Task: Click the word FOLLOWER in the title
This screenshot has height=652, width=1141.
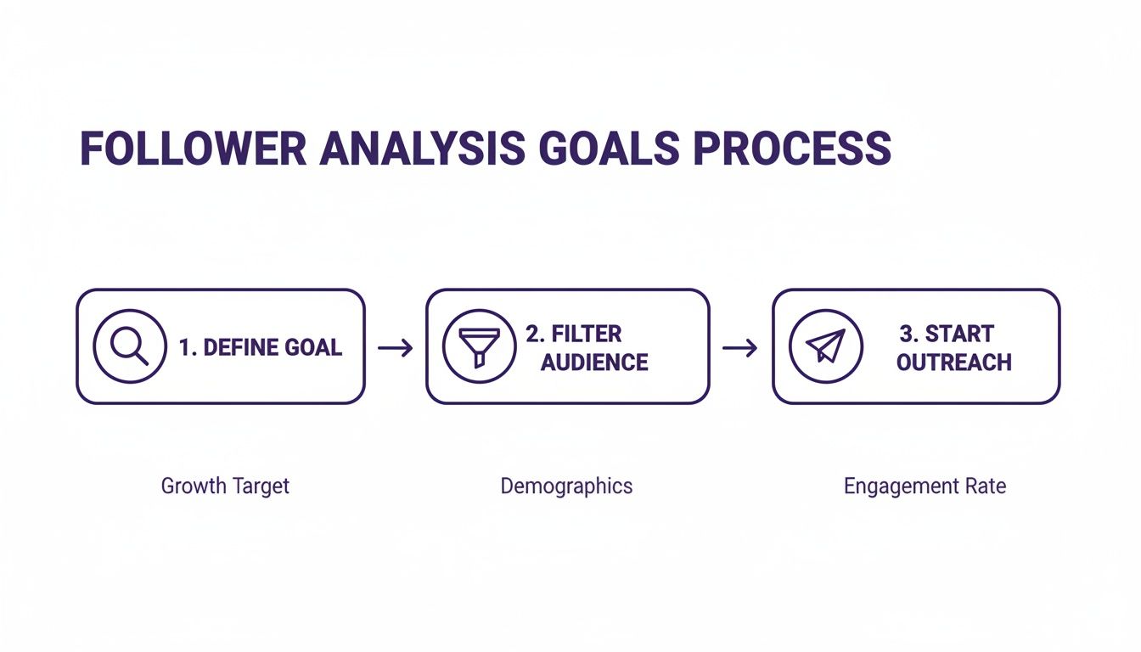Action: [194, 149]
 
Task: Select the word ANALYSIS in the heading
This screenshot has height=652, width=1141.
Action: [422, 149]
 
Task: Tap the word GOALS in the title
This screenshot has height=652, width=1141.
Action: [609, 149]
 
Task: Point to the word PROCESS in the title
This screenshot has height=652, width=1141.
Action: [792, 149]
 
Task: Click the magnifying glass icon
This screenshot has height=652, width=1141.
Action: [129, 346]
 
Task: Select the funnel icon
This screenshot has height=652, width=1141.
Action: [480, 346]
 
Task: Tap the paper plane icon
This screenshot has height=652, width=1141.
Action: [826, 346]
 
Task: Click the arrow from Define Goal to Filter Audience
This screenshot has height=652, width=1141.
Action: [396, 348]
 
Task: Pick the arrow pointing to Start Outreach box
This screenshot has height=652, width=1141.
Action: [740, 348]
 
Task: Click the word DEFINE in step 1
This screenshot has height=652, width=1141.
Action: [240, 347]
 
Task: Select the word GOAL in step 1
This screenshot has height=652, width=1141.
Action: [313, 347]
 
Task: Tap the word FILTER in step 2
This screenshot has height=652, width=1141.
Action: [587, 334]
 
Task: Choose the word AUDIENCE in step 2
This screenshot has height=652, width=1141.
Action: [594, 363]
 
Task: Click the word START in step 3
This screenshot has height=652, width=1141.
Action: [959, 334]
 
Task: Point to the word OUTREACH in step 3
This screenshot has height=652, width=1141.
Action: [954, 363]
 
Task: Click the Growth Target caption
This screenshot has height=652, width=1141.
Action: [225, 486]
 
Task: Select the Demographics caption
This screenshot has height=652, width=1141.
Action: [566, 486]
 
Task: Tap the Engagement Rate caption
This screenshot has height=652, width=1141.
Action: [925, 486]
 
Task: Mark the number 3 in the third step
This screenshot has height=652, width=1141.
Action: [907, 334]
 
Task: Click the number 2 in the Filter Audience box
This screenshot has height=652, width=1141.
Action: [533, 334]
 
